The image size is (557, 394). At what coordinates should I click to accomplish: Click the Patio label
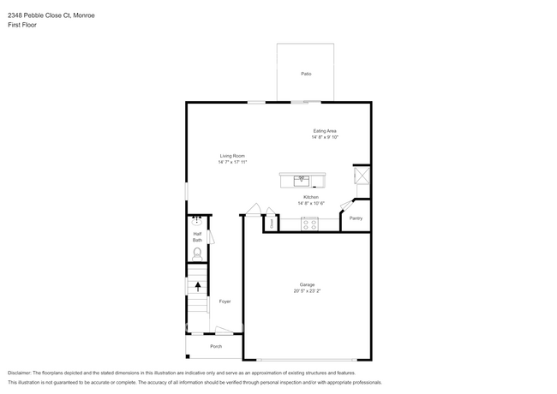tap(306, 74)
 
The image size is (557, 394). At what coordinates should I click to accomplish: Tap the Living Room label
tap(232, 156)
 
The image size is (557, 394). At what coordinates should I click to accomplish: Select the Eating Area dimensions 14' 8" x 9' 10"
tap(325, 137)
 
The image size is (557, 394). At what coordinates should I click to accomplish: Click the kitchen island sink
tap(302, 179)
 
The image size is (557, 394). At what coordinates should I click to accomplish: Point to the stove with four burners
tap(310, 223)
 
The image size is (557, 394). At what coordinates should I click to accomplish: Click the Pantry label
tap(356, 218)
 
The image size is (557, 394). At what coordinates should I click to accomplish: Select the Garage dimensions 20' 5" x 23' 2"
tap(307, 290)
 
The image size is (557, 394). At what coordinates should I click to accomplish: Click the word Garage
tap(307, 284)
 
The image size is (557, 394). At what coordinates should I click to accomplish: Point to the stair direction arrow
tap(198, 286)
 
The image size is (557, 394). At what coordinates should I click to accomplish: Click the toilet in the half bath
tap(198, 252)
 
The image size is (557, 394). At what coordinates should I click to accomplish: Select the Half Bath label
tap(197, 237)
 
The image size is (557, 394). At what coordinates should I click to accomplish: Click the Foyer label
tap(225, 301)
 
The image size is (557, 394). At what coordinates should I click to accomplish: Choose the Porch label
tap(216, 346)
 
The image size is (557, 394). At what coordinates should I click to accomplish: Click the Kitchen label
tap(310, 197)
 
